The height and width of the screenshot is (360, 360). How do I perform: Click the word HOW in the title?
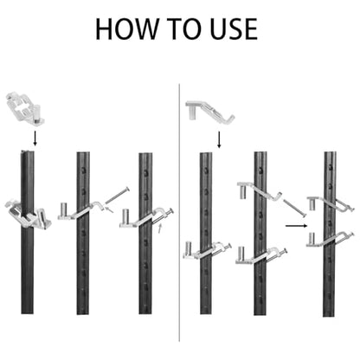click(x=126, y=29)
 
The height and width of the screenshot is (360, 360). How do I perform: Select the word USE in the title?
click(x=234, y=29)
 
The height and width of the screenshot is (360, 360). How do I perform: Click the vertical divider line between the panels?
click(x=179, y=213)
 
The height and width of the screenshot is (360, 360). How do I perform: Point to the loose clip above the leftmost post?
click(x=24, y=108)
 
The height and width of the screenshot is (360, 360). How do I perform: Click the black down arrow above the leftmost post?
click(x=35, y=138)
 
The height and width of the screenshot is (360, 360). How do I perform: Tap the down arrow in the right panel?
click(x=219, y=139)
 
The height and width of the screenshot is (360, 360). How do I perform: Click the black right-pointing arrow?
click(x=296, y=226)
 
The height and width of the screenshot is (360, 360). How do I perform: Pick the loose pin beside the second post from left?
click(x=117, y=196)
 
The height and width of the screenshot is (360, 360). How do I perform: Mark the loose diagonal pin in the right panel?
click(x=294, y=208)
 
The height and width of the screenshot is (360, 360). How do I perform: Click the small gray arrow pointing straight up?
click(x=161, y=228)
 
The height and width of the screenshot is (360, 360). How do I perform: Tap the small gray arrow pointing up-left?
click(x=109, y=209)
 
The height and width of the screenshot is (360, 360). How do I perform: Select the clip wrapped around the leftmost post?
click(x=29, y=215)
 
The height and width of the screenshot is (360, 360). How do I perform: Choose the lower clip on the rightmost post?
click(x=330, y=240)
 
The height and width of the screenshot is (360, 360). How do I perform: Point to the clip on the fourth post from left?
click(x=207, y=250)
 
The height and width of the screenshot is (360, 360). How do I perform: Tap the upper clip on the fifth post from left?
click(x=260, y=191)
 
